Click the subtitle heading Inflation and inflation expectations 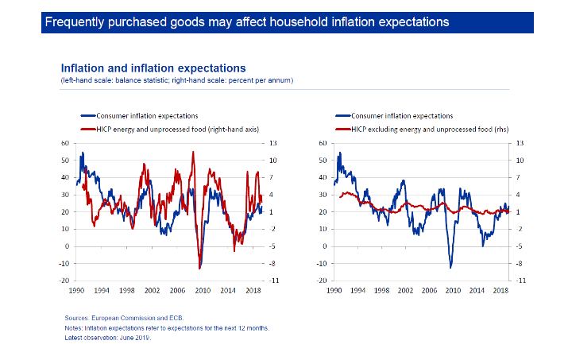[x=153, y=68]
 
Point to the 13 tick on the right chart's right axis [x=520, y=143]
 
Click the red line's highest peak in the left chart [x=193, y=151]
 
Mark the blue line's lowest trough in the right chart [x=451, y=267]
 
